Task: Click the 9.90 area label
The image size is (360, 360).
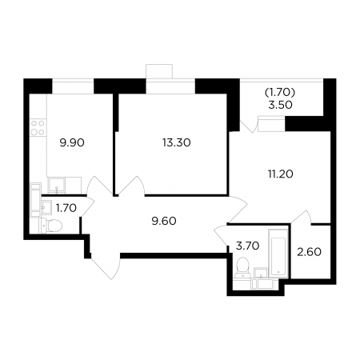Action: pos(72,143)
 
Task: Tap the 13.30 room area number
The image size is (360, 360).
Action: pos(177,142)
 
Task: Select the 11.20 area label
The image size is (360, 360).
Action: pos(281,174)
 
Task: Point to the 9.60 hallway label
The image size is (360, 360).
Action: pos(164,221)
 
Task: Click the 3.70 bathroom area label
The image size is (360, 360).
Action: pos(247,246)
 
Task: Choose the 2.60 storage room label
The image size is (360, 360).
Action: pos(310,252)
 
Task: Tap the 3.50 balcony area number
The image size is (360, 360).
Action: pos(280,105)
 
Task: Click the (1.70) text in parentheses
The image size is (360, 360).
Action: pos(280,93)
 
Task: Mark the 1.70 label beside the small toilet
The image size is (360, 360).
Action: pos(66,208)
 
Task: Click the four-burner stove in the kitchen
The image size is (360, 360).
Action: pos(38,128)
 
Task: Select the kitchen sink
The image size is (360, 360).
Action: pos(56,186)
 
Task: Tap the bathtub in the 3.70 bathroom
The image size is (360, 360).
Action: pos(278,254)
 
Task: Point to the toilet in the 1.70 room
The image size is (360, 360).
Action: pos(51,226)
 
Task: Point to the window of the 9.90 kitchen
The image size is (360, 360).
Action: pos(73,86)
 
